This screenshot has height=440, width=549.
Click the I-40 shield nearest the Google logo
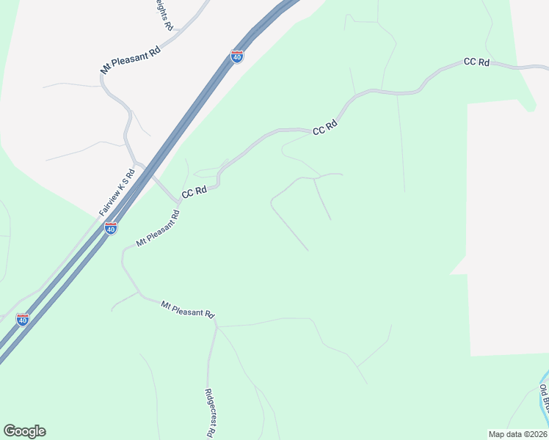(x=23, y=320)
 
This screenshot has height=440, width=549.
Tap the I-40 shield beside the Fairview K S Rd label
(x=111, y=228)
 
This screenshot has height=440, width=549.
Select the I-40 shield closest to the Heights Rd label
(x=236, y=56)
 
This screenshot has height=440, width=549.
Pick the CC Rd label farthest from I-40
(x=476, y=62)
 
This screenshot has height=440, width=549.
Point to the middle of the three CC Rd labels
(x=324, y=128)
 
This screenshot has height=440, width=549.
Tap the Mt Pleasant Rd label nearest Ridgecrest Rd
(x=188, y=309)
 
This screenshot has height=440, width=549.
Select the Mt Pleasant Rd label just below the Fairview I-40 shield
(x=158, y=229)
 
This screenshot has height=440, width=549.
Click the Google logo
(x=24, y=431)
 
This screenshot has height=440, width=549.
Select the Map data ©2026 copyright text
(x=518, y=433)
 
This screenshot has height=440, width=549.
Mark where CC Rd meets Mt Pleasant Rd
(x=178, y=200)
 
